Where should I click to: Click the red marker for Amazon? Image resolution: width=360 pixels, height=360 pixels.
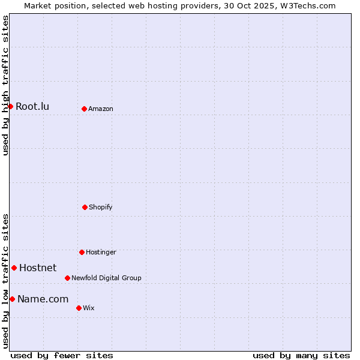pyautogui.click(x=84, y=109)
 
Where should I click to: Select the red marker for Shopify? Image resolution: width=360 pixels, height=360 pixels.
pyautogui.click(x=85, y=207)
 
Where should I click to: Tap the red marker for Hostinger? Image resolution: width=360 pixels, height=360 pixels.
pyautogui.click(x=82, y=252)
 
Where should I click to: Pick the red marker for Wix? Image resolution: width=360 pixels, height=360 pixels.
pyautogui.click(x=79, y=308)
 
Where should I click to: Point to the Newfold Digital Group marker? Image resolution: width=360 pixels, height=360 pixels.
pyautogui.click(x=67, y=278)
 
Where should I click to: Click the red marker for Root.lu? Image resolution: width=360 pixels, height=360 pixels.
pyautogui.click(x=10, y=106)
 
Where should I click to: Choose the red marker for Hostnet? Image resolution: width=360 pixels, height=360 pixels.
pyautogui.click(x=14, y=268)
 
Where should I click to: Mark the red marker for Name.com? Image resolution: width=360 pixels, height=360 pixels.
pyautogui.click(x=12, y=299)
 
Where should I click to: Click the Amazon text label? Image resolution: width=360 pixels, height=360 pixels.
pyautogui.click(x=101, y=109)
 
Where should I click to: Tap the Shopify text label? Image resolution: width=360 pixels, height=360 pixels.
pyautogui.click(x=101, y=208)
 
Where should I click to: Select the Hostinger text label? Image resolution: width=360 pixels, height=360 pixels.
pyautogui.click(x=101, y=253)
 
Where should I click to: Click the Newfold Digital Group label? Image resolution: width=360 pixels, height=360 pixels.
pyautogui.click(x=106, y=278)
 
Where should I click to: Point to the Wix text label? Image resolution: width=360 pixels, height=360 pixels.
pyautogui.click(x=89, y=308)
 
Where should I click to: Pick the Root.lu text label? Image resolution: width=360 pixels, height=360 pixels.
pyautogui.click(x=32, y=107)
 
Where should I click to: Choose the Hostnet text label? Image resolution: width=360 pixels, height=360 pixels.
pyautogui.click(x=38, y=268)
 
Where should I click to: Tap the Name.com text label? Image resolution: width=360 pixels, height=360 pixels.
pyautogui.click(x=43, y=299)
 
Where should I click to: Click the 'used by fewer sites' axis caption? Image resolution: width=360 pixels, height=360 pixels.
pyautogui.click(x=62, y=355)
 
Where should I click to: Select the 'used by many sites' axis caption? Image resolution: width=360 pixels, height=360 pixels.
pyautogui.click(x=301, y=355)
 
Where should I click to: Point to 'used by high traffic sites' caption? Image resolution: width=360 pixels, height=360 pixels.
pyautogui.click(x=5, y=85)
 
